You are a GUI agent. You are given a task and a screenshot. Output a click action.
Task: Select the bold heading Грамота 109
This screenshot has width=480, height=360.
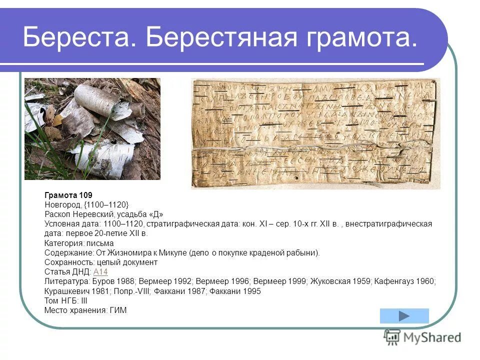click(x=68, y=195)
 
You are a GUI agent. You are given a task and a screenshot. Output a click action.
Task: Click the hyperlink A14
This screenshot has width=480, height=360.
click(x=100, y=272)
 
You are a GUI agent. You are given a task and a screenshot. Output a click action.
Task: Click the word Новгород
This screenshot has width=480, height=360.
click(x=62, y=204)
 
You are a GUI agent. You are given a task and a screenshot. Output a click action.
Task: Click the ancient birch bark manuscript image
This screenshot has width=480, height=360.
click(x=315, y=133)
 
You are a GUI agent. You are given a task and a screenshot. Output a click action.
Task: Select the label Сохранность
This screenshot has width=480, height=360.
click(x=65, y=262)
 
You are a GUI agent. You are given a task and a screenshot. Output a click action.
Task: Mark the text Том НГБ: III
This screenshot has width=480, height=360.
click(x=66, y=301)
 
